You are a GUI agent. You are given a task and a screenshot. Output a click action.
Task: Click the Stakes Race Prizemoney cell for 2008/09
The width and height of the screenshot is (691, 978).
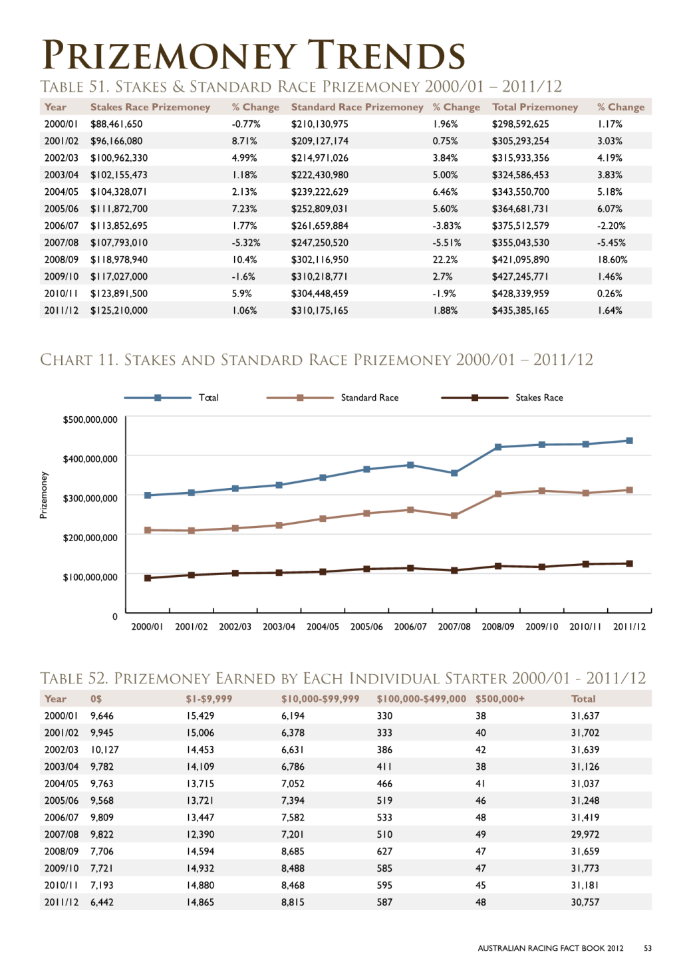[119, 260]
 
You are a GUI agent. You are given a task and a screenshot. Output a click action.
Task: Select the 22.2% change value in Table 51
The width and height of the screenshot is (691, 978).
[445, 260]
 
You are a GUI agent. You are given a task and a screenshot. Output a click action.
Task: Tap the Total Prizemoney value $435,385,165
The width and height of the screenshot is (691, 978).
[520, 310]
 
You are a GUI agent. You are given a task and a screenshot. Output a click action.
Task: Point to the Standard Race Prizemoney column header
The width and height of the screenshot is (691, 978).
[357, 107]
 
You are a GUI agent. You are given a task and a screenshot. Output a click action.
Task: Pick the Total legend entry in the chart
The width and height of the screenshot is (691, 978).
[172, 398]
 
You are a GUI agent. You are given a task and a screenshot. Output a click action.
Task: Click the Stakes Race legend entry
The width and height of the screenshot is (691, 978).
[502, 398]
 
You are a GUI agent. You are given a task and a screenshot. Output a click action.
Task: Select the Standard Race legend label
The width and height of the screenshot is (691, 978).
[370, 398]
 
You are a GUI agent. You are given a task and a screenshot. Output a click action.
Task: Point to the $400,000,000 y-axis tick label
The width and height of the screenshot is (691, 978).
[90, 459]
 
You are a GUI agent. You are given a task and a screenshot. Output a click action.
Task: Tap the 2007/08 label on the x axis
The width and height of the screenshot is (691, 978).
[454, 626]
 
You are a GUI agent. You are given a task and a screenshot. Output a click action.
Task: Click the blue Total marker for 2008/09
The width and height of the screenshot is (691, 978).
[498, 447]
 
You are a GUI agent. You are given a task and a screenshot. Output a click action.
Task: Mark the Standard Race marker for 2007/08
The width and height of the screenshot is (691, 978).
[454, 515]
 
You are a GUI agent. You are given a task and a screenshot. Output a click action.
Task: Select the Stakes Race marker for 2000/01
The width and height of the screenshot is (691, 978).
[148, 578]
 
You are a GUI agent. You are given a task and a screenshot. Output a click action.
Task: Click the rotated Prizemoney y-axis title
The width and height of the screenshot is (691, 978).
[43, 495]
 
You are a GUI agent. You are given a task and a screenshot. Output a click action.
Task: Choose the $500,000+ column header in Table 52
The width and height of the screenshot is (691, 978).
[499, 699]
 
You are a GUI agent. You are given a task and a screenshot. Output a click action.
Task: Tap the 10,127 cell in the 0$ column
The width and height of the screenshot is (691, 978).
[104, 750]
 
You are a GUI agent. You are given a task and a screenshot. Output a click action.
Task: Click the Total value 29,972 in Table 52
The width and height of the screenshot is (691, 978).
[585, 834]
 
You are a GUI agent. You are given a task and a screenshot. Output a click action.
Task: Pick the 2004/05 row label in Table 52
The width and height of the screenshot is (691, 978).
[61, 784]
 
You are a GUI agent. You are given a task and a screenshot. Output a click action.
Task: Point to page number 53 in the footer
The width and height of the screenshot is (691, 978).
[648, 948]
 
